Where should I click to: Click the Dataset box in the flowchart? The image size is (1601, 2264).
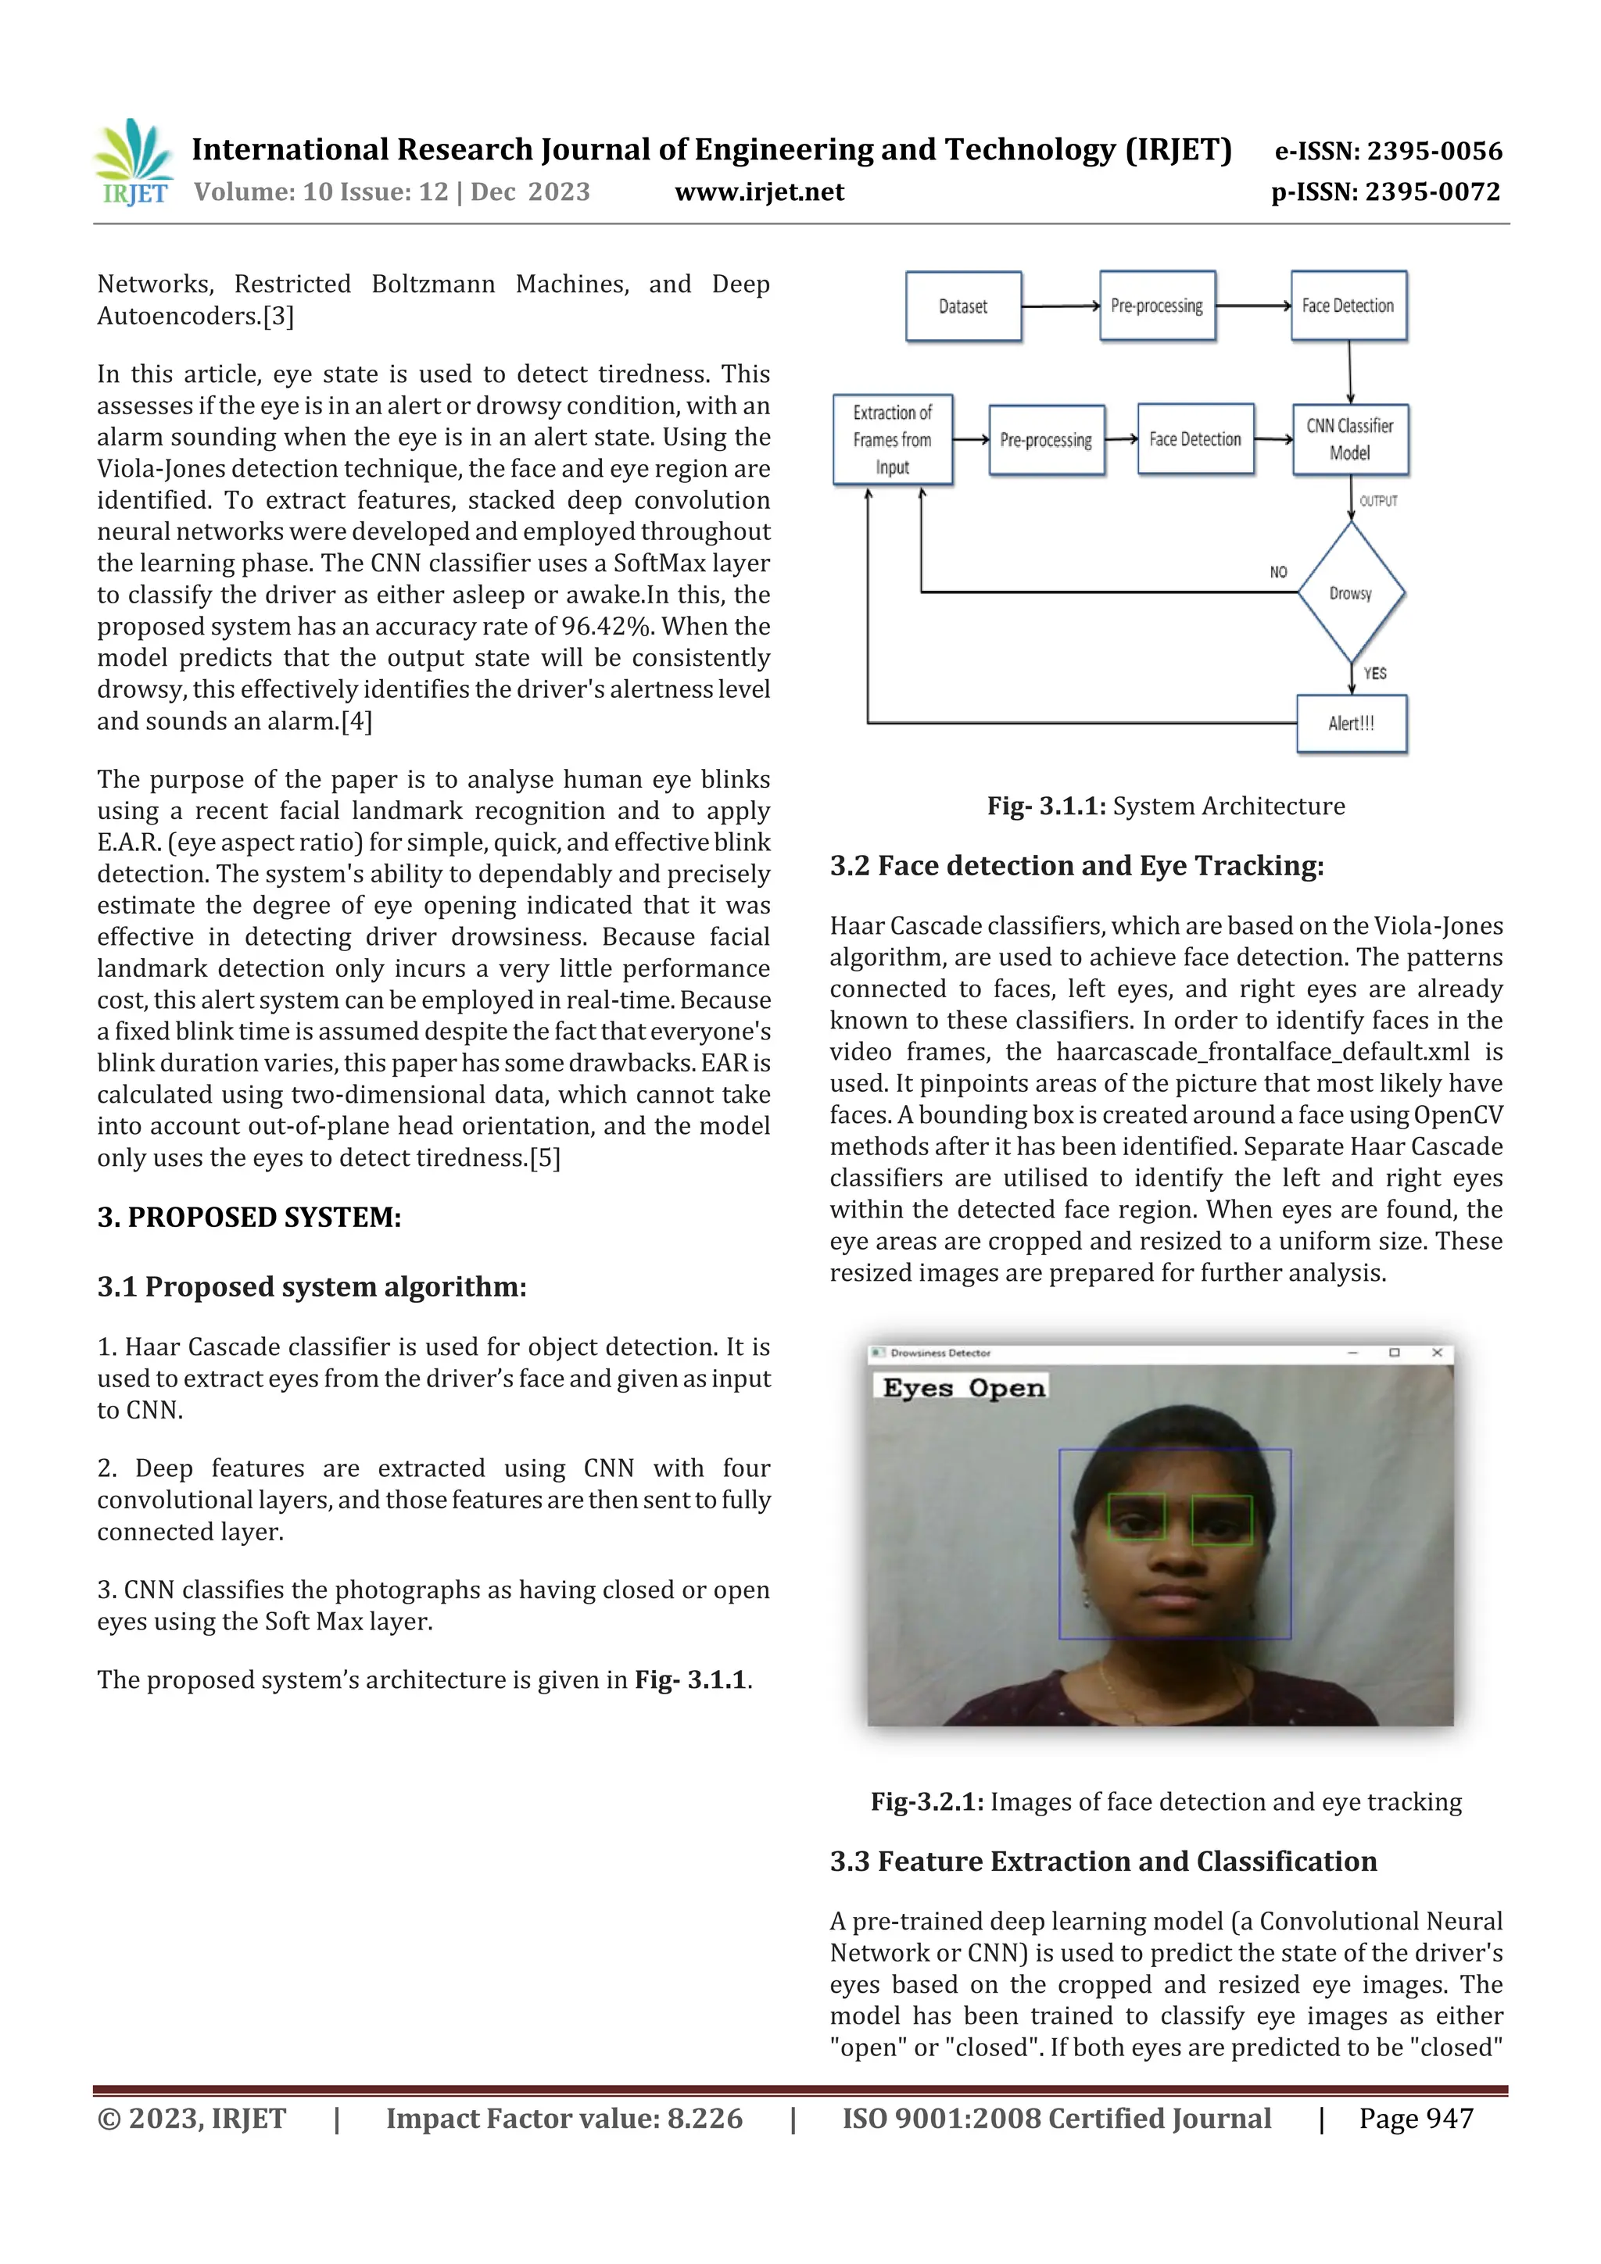tap(963, 306)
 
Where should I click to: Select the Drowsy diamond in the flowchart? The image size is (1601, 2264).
tap(1350, 592)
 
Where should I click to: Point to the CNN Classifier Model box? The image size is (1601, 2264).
tap(1349, 440)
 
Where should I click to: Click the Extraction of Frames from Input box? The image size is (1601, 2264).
tap(892, 440)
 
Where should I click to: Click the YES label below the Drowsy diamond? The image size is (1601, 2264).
tap(1375, 674)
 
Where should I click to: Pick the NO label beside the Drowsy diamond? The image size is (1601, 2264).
tap(1278, 572)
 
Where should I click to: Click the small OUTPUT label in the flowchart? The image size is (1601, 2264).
tap(1378, 501)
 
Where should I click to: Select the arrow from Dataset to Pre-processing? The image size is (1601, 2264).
tap(1061, 306)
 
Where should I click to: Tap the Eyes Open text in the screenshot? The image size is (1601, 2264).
tap(963, 1389)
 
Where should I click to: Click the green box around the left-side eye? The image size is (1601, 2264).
tap(1137, 1518)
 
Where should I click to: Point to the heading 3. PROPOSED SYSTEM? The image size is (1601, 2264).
tap(249, 1218)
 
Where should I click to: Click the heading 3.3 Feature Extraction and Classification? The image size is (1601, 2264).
tap(1103, 1862)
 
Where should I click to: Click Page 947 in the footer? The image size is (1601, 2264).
tap(1416, 2119)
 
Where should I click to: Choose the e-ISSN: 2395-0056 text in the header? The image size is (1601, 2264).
tap(1388, 151)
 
